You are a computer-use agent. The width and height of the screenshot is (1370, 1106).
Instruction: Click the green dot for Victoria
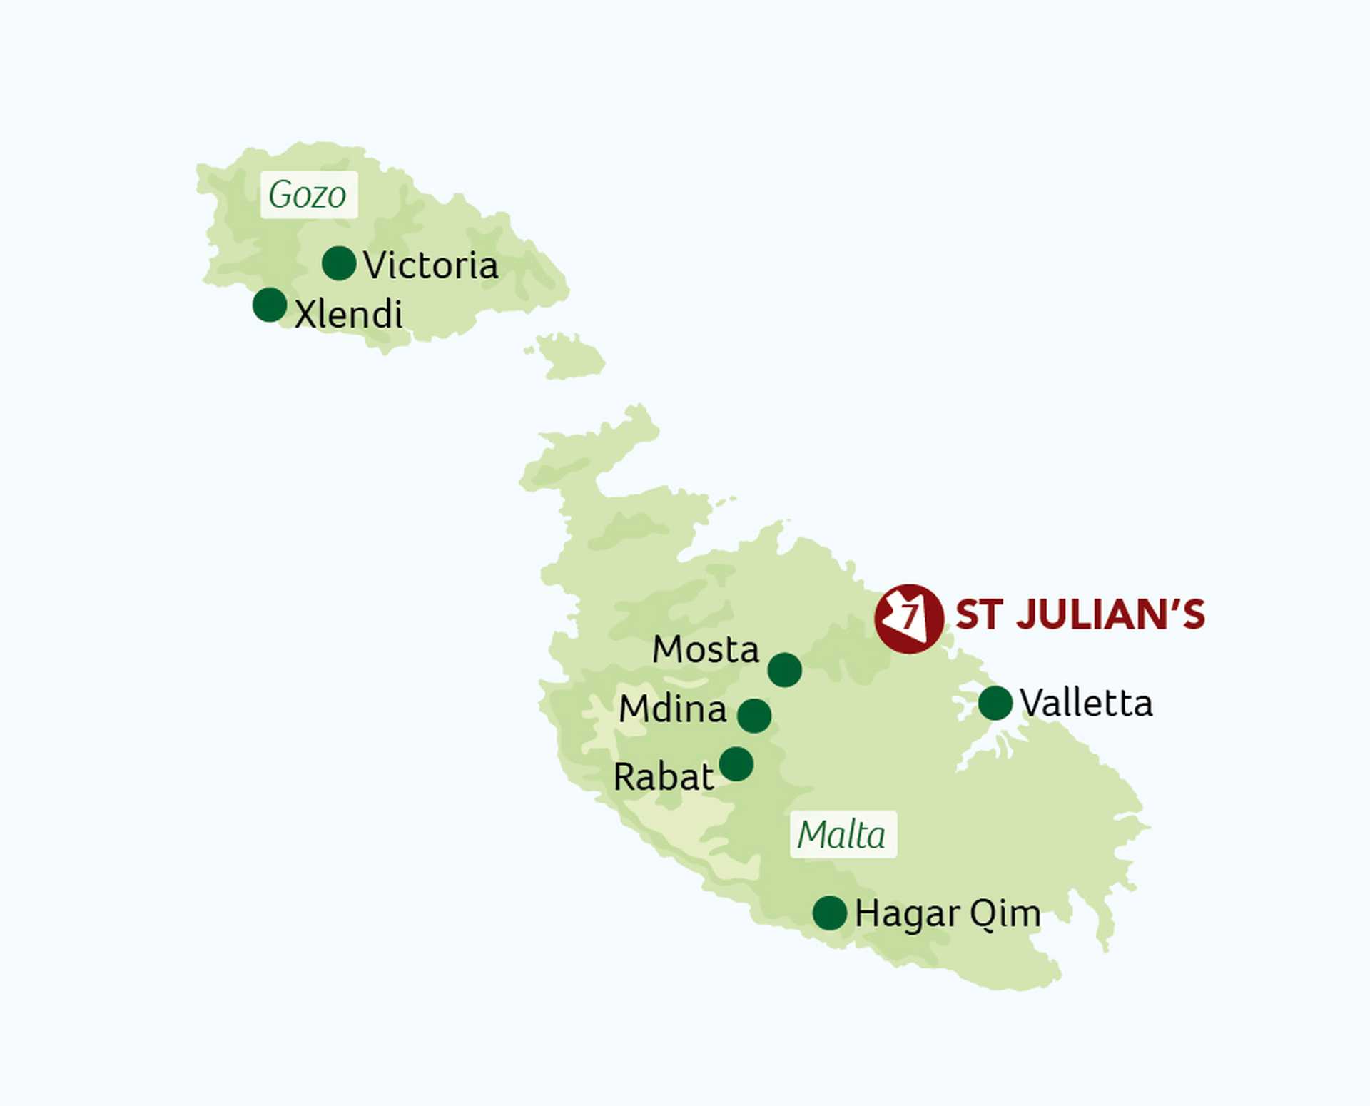[x=339, y=263]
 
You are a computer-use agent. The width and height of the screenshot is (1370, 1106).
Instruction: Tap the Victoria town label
[x=430, y=265]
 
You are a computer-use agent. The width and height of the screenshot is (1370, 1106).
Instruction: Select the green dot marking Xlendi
[x=270, y=305]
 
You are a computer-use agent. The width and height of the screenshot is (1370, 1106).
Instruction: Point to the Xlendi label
[x=348, y=314]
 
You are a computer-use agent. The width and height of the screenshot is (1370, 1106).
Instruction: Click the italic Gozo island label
[x=308, y=194]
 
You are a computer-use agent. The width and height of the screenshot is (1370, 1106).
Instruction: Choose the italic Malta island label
[x=842, y=834]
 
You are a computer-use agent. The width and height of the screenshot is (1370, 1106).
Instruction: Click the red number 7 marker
[x=909, y=618]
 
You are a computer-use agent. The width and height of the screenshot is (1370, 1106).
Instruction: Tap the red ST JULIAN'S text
[x=1080, y=615]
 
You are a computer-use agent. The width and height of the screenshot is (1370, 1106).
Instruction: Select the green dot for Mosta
[x=785, y=669]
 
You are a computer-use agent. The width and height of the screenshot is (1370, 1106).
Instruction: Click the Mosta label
[x=706, y=649]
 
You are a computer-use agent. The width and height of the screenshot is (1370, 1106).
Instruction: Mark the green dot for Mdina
[x=754, y=715]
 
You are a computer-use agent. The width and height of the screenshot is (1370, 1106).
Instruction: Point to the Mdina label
[x=673, y=709]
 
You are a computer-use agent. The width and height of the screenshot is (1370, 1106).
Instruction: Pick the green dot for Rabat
[x=736, y=764]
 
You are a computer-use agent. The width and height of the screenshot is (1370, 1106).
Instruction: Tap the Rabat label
[x=663, y=776]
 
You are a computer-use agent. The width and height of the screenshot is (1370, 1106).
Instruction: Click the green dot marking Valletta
[x=995, y=703]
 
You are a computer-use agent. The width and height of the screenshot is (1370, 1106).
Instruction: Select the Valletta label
[x=1086, y=703]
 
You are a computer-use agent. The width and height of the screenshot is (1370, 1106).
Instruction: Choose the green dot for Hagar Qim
[x=830, y=913]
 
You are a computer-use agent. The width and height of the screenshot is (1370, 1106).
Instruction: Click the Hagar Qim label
[x=948, y=913]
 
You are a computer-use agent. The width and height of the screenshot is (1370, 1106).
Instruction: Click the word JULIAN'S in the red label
[x=1110, y=615]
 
